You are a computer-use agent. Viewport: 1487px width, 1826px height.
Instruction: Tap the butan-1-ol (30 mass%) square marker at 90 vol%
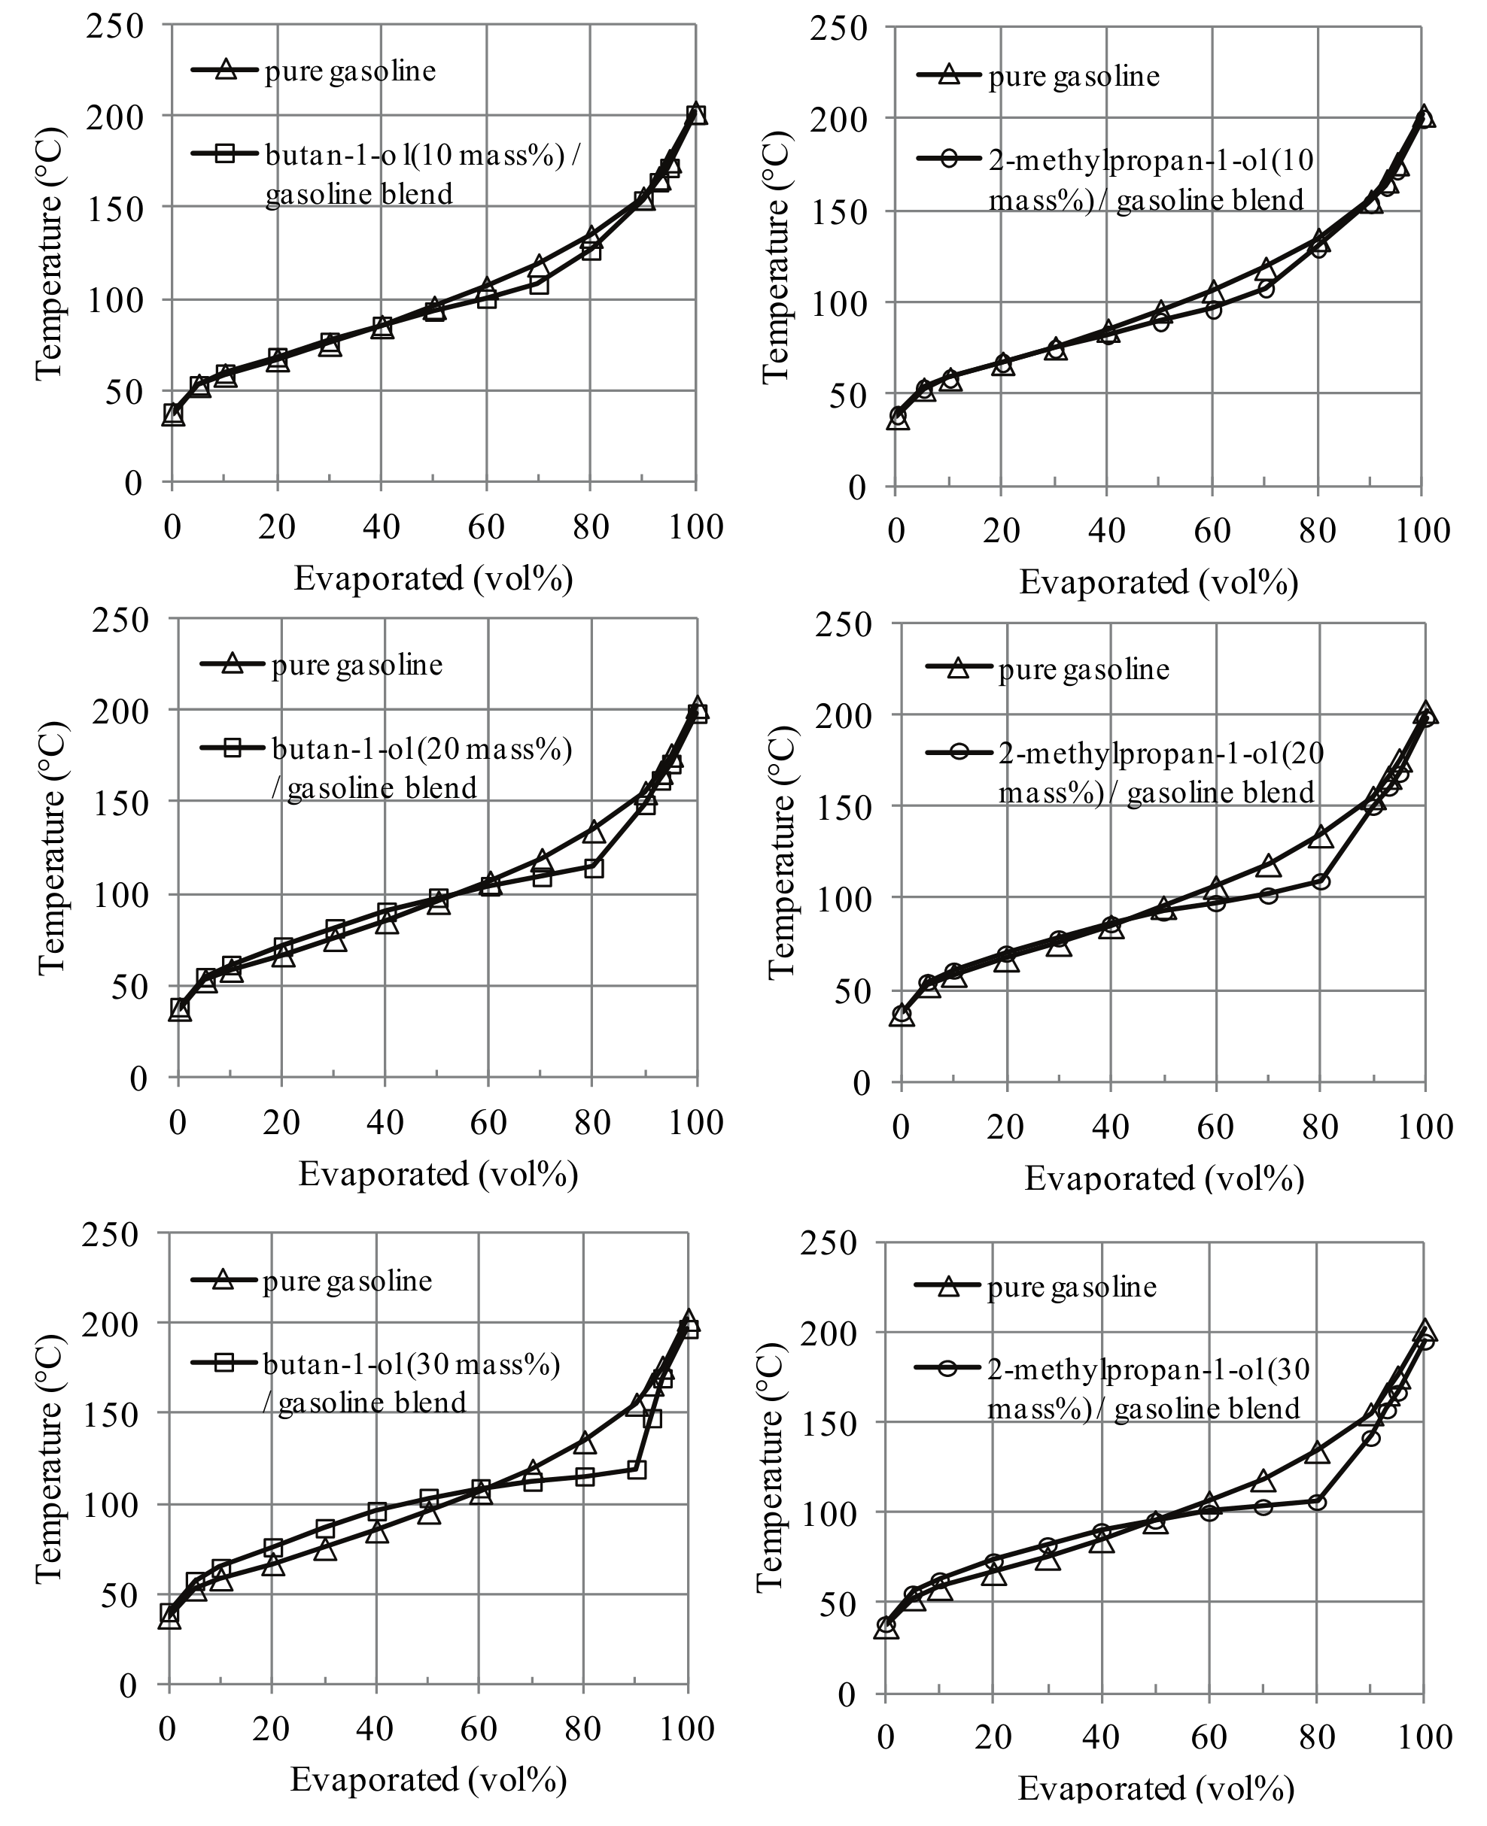pos(637,1470)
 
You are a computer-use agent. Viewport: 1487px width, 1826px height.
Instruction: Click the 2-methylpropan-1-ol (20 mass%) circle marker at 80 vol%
pos(1321,881)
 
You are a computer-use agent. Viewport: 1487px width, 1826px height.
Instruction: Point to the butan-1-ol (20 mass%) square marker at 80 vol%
pos(593,868)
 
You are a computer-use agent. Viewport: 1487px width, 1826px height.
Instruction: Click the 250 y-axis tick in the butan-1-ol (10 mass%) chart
pos(114,26)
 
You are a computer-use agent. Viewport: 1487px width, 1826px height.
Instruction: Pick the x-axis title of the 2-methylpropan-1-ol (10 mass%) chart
pos(1158,583)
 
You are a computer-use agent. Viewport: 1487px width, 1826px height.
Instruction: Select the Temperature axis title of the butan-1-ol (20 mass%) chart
pos(51,848)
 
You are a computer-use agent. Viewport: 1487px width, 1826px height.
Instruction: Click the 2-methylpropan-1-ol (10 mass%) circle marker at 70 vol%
pos(1266,290)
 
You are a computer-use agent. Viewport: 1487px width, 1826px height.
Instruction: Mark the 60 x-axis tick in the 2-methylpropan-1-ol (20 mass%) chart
pos(1215,1127)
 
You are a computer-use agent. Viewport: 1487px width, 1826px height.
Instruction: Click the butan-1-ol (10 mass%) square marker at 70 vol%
pos(539,284)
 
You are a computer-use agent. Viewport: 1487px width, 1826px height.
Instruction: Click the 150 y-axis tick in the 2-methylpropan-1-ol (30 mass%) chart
pos(828,1424)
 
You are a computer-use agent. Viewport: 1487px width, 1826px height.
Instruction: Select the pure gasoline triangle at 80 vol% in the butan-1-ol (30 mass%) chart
pos(584,1443)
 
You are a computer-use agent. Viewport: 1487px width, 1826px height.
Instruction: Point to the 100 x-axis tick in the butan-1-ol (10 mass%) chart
pos(695,527)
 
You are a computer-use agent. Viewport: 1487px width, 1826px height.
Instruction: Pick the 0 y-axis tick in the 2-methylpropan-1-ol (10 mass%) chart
pos(857,487)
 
